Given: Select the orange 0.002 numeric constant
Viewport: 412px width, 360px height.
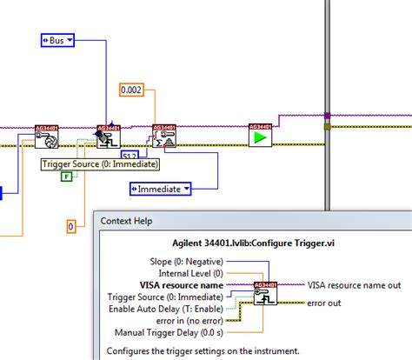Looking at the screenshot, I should (133, 90).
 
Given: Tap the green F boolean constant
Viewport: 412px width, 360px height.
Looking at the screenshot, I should (66, 177).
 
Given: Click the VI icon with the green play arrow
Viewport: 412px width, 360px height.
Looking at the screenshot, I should (258, 137).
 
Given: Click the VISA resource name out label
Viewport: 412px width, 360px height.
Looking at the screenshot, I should (352, 284).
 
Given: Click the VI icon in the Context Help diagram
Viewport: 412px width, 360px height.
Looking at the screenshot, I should (265, 295).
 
